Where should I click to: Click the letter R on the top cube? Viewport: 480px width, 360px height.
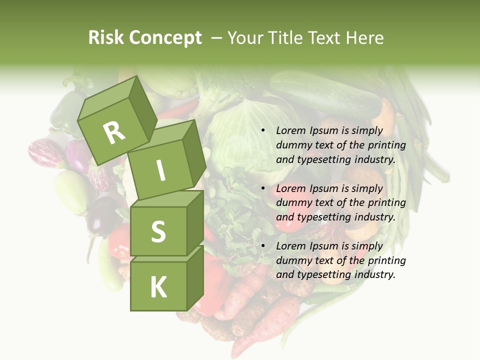114,132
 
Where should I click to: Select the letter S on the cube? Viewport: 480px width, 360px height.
158,231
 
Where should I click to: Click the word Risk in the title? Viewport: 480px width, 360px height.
106,38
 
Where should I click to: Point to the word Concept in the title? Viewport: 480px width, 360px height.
165,38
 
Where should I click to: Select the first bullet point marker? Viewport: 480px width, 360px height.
262,130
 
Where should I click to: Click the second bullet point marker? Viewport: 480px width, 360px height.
262,188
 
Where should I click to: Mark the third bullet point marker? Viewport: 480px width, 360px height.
262,246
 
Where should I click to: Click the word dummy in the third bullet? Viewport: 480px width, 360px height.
293,260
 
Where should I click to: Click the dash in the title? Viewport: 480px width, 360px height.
217,38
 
